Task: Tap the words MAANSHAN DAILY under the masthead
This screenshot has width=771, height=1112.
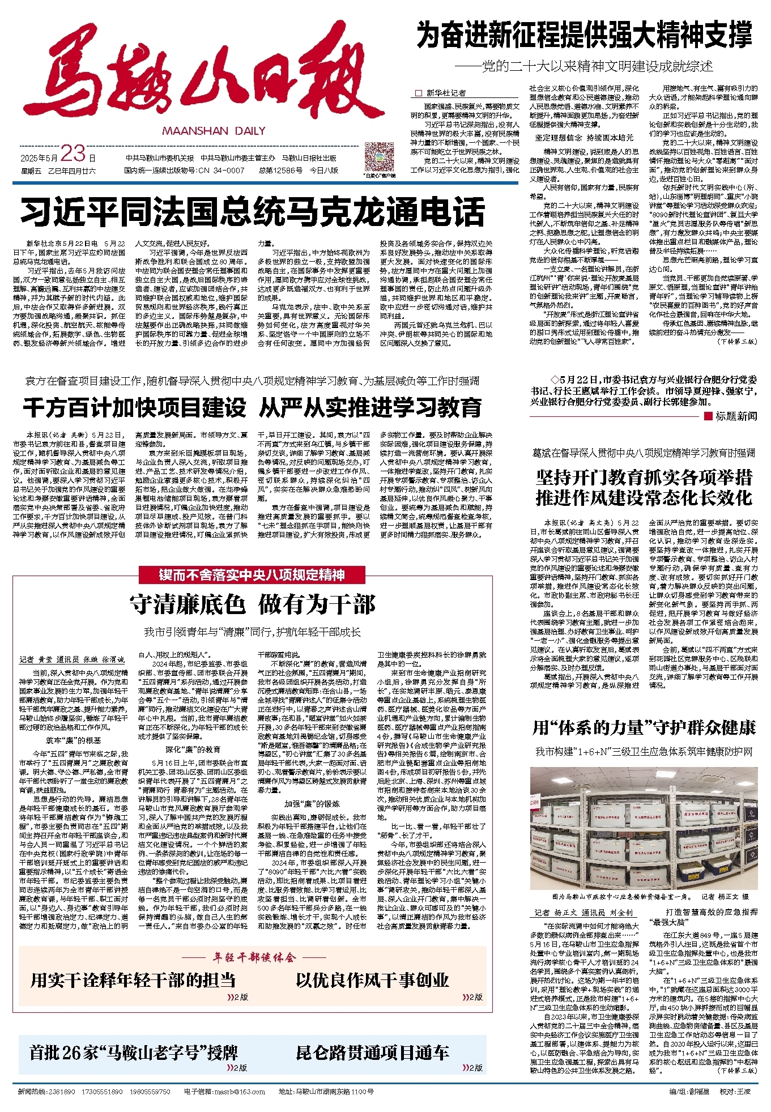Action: (214, 131)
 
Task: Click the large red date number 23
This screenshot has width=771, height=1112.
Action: (73, 154)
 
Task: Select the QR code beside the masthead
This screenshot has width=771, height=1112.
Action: (380, 157)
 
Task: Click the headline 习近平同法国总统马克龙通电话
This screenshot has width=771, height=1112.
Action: (253, 212)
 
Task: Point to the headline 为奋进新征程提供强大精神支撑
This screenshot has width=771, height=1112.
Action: (584, 35)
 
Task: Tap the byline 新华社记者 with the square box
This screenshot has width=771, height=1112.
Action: (442, 93)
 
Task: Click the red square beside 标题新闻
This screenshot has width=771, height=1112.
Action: (708, 416)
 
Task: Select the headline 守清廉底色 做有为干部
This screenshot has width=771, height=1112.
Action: (253, 604)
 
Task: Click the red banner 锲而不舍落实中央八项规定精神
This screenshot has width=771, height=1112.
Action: (253, 575)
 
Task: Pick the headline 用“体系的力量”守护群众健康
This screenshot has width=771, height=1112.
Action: (644, 728)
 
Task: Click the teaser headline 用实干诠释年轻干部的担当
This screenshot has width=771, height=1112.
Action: (133, 980)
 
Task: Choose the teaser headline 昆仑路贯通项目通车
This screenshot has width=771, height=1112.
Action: (372, 1053)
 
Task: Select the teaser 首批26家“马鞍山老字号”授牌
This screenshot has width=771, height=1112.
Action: (133, 1053)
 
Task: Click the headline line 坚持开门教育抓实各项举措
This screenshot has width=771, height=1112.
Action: (644, 478)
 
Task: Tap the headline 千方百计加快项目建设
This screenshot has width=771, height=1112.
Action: (135, 408)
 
